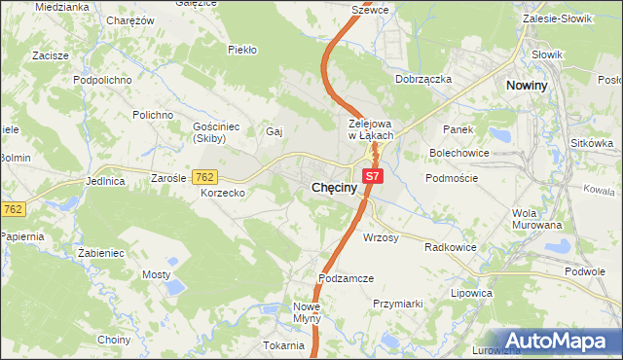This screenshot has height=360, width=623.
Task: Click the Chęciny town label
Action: click(339, 186)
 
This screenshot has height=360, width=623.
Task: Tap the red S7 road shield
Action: click(374, 176)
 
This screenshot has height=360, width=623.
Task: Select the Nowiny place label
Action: click(531, 86)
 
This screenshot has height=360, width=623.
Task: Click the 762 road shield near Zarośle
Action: click(204, 177)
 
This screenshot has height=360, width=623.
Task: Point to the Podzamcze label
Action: click(345, 278)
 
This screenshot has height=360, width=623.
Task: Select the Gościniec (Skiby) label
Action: click(208, 133)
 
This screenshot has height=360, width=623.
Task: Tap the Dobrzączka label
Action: click(423, 80)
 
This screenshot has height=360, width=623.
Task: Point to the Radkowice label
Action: click(450, 247)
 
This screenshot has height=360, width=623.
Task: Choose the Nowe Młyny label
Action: click(306, 312)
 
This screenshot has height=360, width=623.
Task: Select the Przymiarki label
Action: click(397, 304)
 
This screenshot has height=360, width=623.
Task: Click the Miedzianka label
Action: click(61, 6)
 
